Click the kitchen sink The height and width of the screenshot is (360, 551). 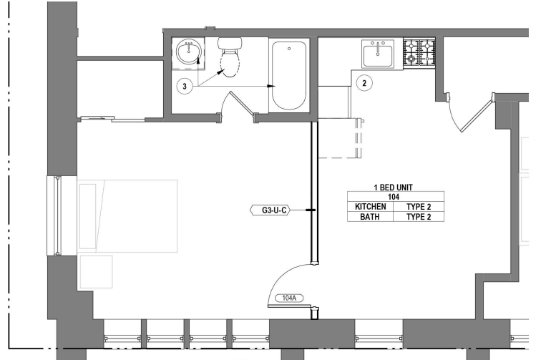377,54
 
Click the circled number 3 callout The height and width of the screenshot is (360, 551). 185,87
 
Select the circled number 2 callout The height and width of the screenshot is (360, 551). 364,82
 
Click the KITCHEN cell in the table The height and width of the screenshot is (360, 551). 371,206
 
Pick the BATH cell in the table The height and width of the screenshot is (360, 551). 371,215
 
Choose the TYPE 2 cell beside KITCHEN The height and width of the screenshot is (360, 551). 420,206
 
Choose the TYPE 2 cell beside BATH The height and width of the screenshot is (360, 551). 420,215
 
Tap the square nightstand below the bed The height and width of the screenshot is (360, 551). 94,271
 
